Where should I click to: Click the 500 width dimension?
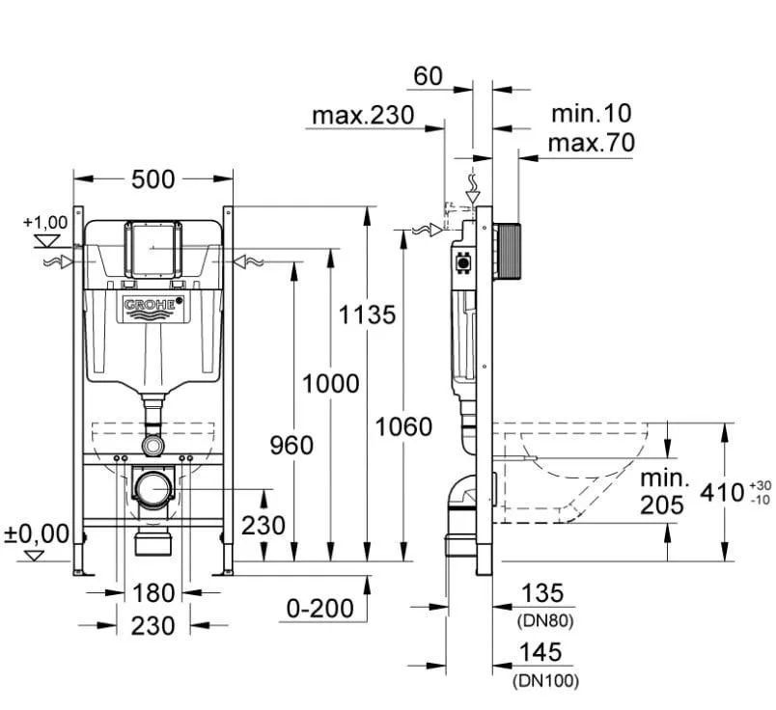(x=152, y=179)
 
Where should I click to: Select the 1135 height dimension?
(x=367, y=314)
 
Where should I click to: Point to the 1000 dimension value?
(x=331, y=383)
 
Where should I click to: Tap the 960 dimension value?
(x=291, y=446)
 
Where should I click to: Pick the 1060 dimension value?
(x=403, y=426)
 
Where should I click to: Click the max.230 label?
(x=363, y=116)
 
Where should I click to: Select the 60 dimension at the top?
(x=429, y=76)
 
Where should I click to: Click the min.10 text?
(x=592, y=113)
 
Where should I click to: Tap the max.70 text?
(x=592, y=143)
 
